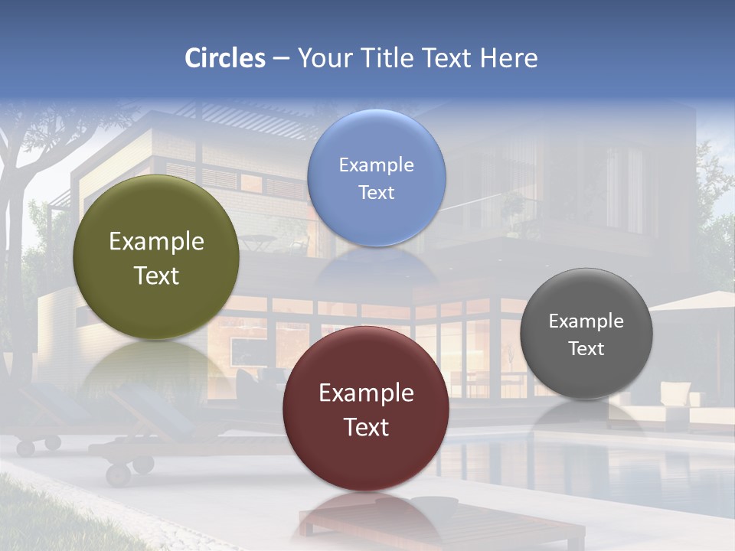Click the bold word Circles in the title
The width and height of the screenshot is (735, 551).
(x=225, y=58)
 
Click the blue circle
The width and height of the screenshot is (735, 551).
(x=376, y=178)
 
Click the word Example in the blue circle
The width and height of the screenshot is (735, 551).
(x=376, y=165)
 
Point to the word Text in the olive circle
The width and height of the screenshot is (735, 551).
(x=156, y=275)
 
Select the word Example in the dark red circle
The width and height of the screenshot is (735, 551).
(x=366, y=393)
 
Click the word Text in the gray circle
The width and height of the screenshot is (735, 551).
(x=586, y=349)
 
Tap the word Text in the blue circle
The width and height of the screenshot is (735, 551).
(x=376, y=193)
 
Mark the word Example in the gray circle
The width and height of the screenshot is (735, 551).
(x=586, y=321)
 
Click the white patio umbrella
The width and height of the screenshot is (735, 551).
(x=693, y=301)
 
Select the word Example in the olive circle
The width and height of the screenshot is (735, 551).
(x=156, y=241)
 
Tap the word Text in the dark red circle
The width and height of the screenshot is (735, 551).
(x=366, y=427)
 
